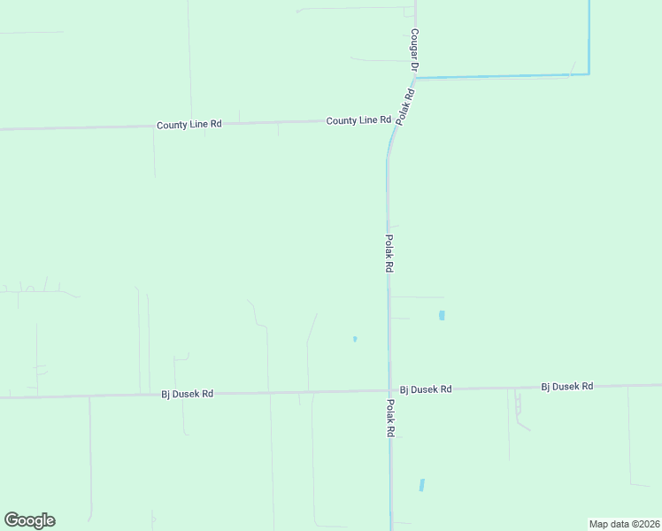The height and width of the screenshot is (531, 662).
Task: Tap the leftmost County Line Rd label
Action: coord(189,125)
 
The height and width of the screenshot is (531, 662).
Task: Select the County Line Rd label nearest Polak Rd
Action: coord(358,120)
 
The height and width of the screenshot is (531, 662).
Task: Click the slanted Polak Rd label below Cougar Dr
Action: coord(405,106)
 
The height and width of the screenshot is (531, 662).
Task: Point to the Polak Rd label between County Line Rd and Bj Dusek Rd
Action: coord(389,253)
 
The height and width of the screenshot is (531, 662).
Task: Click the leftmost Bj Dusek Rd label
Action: coord(187,394)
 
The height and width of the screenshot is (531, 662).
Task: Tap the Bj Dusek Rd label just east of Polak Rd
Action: coord(426,389)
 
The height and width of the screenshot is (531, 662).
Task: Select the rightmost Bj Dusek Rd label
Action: coord(567,387)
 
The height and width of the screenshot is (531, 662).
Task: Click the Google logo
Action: coord(29,520)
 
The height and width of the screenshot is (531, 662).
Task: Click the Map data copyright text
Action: coord(625,524)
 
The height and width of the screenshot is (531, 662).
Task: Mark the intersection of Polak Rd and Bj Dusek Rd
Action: coord(389,390)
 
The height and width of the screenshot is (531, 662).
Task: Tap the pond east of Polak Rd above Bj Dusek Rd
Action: coord(442,315)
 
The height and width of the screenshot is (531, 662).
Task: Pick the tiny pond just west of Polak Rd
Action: coord(355,338)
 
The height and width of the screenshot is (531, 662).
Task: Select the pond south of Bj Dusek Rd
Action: coord(422,485)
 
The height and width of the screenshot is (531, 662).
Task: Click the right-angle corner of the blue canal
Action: coord(589,74)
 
